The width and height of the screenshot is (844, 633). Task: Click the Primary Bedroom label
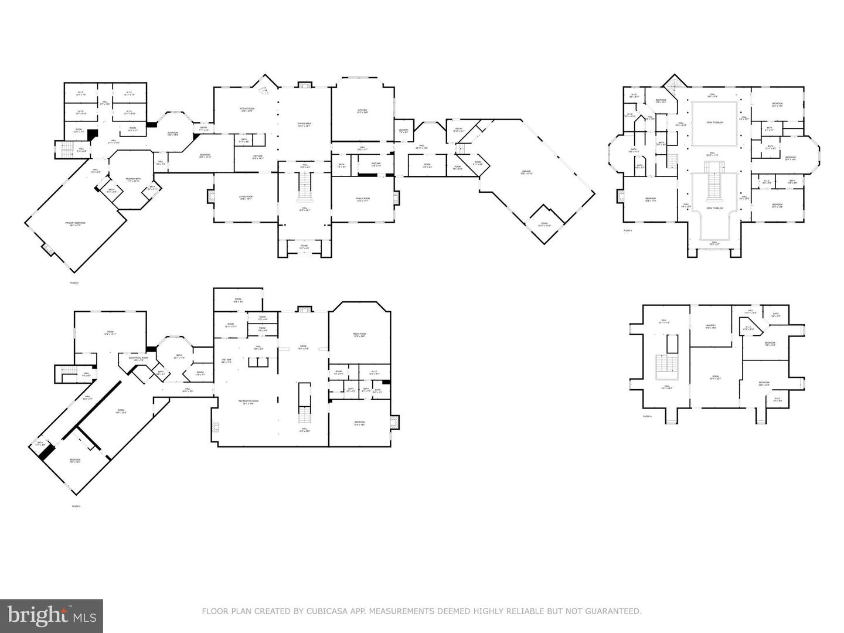coord(75,224)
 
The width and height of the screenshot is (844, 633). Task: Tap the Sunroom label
coord(172,134)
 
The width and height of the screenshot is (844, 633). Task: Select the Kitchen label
coord(363,111)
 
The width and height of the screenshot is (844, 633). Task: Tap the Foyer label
coord(304,247)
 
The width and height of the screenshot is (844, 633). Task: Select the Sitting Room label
coord(247,110)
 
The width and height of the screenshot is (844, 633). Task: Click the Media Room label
coord(359,335)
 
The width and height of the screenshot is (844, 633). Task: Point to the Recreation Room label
coord(248,401)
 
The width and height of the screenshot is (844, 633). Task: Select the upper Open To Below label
coord(714,124)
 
